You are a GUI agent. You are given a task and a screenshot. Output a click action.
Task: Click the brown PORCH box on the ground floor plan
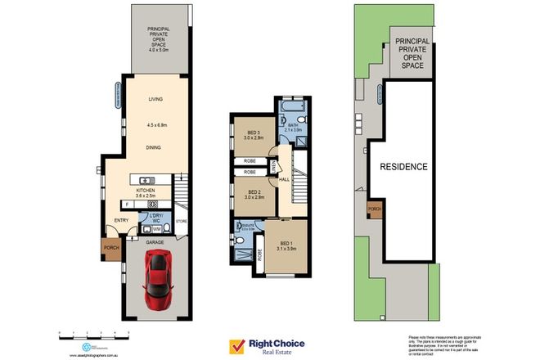(110, 247)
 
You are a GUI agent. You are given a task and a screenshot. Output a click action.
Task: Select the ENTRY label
(121, 220)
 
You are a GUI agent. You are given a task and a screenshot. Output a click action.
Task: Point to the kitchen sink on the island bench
(147, 180)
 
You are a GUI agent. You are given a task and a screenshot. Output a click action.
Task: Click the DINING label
(154, 148)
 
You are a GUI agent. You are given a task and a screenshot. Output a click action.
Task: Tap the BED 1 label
(285, 244)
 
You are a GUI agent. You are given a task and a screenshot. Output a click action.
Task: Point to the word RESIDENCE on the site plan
(403, 166)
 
